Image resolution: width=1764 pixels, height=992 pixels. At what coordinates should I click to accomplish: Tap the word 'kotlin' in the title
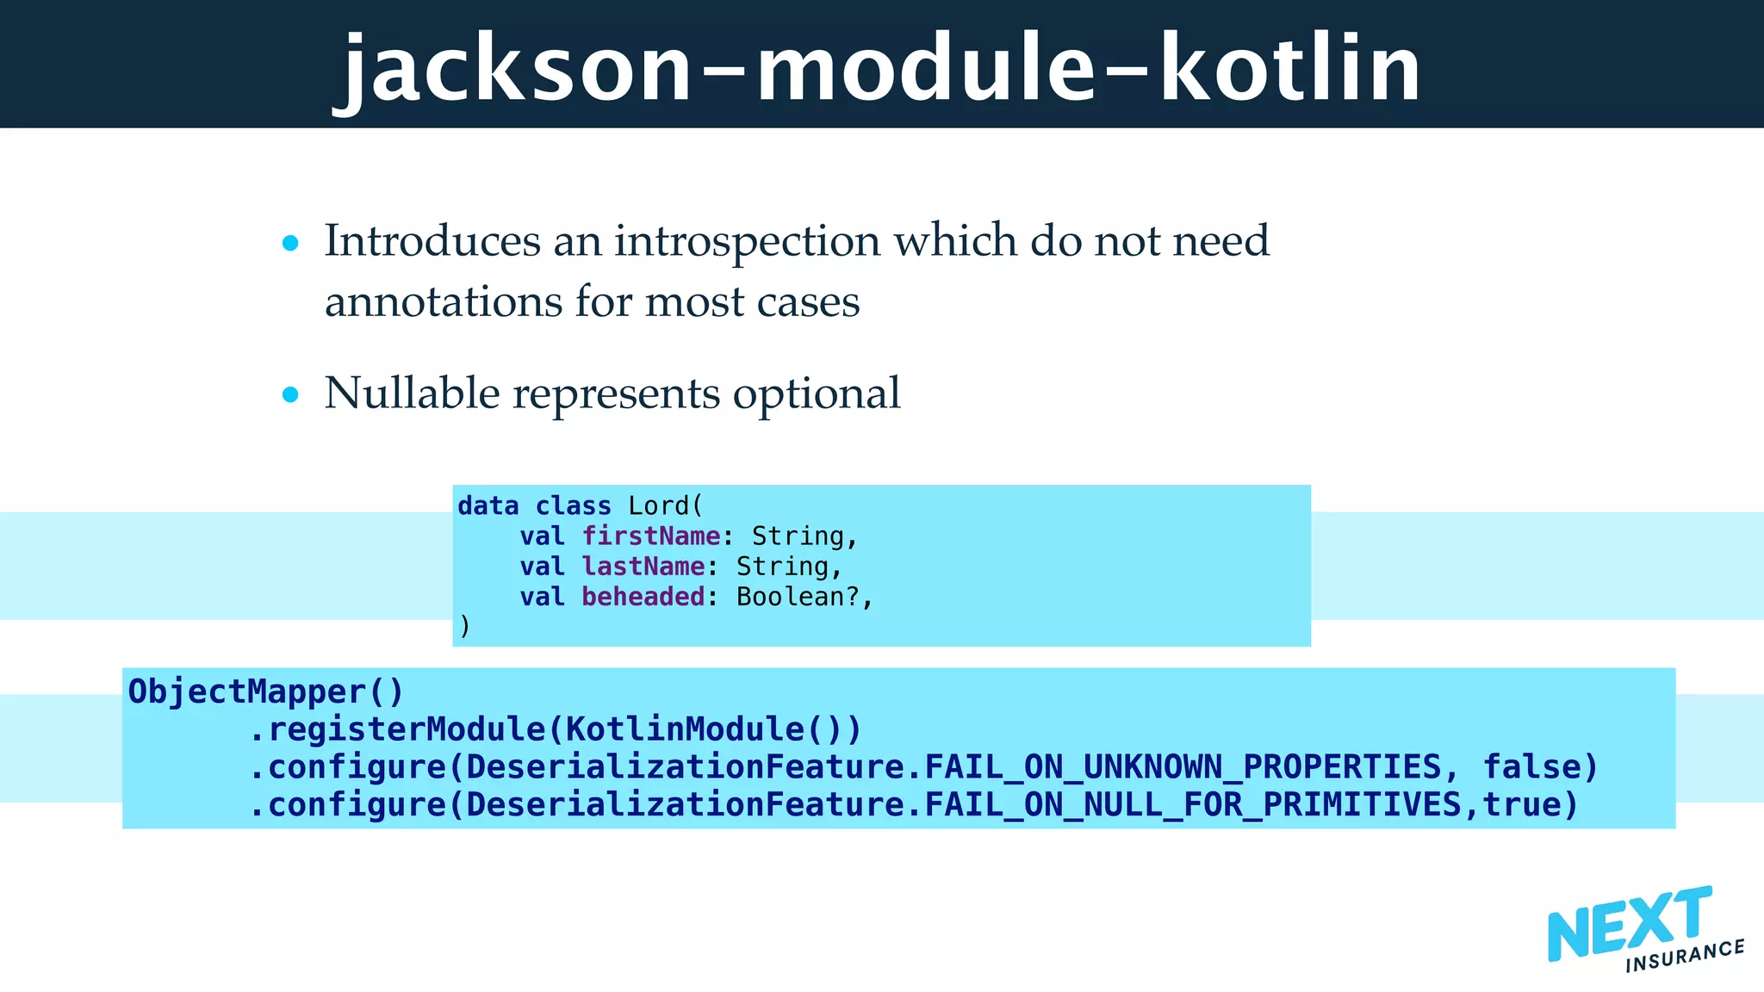[1289, 69]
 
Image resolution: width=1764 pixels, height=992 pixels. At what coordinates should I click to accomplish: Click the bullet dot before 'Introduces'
[290, 244]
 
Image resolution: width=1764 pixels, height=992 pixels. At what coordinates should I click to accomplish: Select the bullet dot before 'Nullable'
[290, 395]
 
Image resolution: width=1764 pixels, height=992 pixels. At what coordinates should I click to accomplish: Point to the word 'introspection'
[747, 241]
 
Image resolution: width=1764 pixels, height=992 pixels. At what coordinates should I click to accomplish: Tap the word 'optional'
[816, 394]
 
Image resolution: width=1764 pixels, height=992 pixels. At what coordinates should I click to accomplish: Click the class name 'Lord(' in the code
[665, 505]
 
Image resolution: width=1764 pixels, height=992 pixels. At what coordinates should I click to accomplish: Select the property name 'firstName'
[651, 536]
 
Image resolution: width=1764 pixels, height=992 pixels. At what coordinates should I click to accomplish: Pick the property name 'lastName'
[643, 567]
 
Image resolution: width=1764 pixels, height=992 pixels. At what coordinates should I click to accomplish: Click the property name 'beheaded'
[643, 597]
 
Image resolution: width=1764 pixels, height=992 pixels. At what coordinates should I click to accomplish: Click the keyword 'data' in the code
[488, 505]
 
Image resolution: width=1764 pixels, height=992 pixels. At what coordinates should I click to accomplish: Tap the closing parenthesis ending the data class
[465, 626]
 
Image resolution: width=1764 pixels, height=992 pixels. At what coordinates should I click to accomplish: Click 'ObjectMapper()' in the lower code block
[265, 691]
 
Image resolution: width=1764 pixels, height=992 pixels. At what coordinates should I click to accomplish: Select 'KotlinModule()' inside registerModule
[702, 729]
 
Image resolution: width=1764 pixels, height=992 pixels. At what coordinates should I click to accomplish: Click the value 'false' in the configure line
[1531, 766]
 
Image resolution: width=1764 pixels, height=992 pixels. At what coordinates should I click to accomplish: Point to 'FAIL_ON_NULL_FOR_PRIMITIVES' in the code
[1192, 804]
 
